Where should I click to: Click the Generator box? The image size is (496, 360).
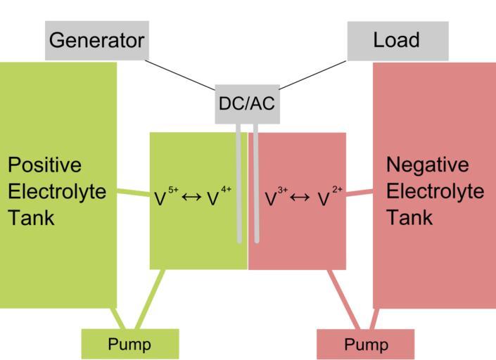[97, 40]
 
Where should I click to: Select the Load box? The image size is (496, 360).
[398, 40]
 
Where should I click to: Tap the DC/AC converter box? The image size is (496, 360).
[246, 104]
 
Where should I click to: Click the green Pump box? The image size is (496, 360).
[129, 344]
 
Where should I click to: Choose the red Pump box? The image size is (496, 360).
[366, 345]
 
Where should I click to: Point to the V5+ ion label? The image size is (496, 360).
[165, 198]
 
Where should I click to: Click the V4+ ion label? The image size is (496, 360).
[218, 198]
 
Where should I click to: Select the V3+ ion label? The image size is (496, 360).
[276, 198]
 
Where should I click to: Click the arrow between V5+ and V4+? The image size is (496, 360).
[191, 199]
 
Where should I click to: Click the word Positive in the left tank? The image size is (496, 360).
[44, 165]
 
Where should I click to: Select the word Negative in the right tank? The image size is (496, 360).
[427, 165]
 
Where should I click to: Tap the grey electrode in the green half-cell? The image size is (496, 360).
[239, 186]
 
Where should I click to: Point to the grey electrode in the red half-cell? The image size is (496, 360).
[256, 186]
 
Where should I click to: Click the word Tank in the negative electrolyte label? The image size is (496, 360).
[409, 217]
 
